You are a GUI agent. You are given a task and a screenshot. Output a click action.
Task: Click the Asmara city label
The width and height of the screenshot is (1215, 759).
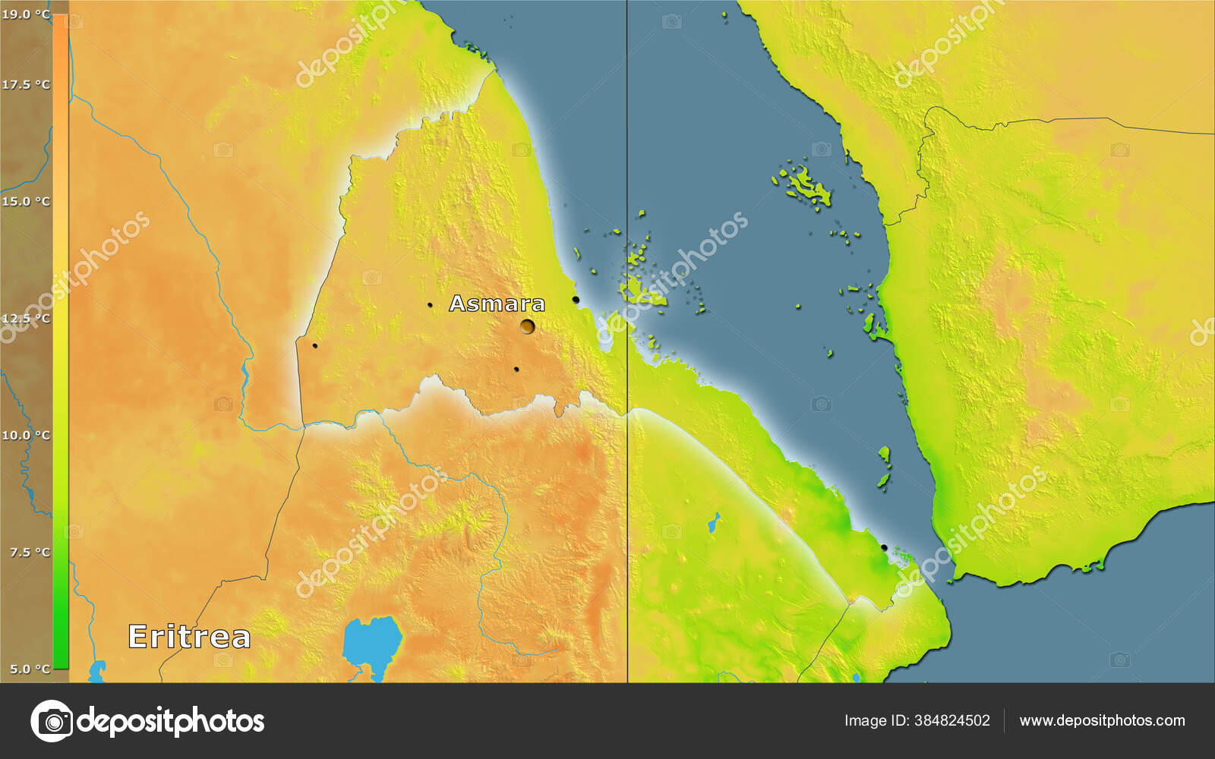point(497,304)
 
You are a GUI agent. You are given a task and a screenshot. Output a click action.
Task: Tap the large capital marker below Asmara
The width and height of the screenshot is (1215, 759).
point(527,326)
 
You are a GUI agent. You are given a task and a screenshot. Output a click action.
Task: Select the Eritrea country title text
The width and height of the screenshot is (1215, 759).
point(189,636)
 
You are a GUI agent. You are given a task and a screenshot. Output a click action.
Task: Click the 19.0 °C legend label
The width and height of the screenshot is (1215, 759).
point(26,14)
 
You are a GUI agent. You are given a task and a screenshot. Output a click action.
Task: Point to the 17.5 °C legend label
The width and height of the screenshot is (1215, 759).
point(26,84)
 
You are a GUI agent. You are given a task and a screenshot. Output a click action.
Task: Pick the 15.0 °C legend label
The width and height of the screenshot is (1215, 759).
point(26,201)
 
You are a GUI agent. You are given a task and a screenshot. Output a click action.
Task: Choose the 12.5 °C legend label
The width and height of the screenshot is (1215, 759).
point(26,318)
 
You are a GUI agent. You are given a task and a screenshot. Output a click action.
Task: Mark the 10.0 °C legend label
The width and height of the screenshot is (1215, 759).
point(26,435)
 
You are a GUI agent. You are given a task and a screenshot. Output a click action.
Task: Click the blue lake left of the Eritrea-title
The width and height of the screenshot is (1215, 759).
point(96,671)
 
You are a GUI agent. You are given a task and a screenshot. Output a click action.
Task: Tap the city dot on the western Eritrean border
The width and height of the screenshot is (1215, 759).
point(314,346)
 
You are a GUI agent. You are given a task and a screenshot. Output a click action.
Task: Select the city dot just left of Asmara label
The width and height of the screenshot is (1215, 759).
point(430,305)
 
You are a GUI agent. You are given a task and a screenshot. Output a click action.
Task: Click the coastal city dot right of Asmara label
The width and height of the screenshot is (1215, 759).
point(576,300)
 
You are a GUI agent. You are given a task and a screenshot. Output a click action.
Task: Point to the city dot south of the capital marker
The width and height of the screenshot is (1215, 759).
point(516,370)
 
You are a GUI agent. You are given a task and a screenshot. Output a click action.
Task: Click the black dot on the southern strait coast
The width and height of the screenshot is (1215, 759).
point(884,547)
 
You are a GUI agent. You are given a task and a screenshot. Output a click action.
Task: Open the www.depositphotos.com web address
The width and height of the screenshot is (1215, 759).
point(1102,720)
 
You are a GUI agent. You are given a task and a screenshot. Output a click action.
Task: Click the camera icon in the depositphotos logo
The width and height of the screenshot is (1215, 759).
point(52,720)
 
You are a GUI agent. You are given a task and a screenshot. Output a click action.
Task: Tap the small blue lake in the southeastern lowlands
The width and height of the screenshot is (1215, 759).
point(714,522)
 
